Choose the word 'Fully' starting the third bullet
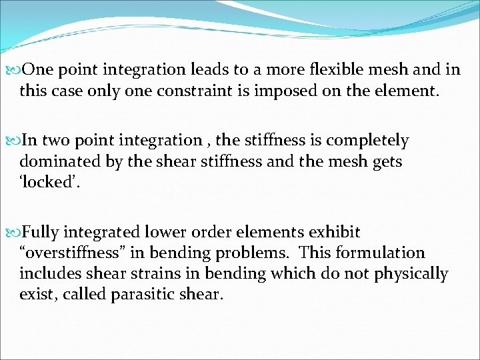[x=42, y=233]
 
